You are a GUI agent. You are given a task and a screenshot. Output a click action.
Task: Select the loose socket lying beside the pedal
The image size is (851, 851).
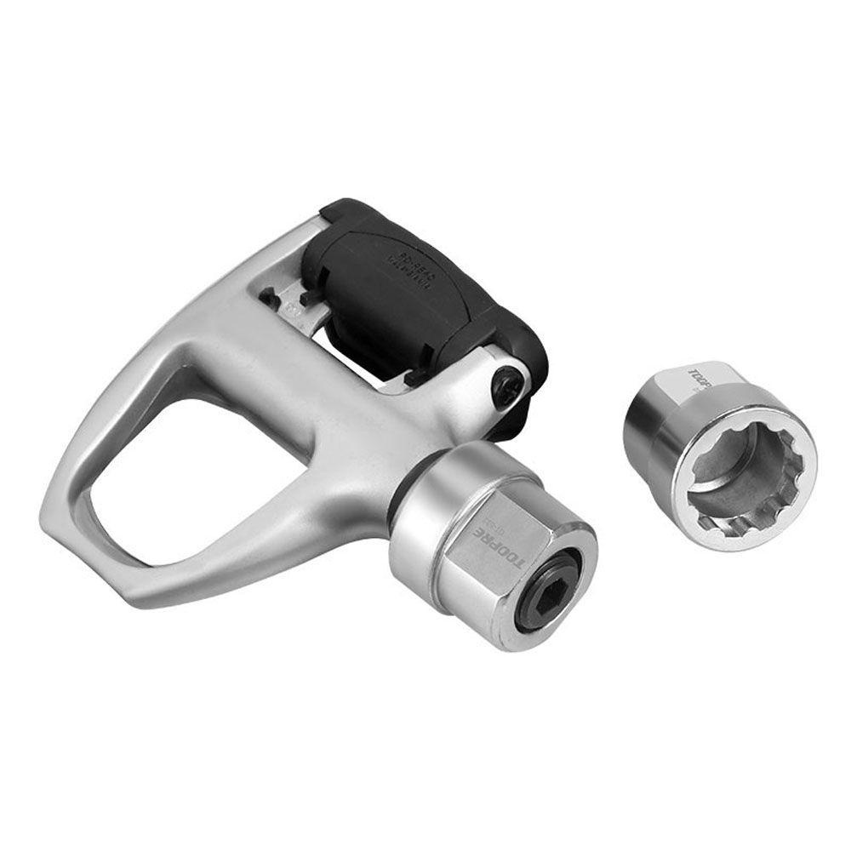coord(719,455)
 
